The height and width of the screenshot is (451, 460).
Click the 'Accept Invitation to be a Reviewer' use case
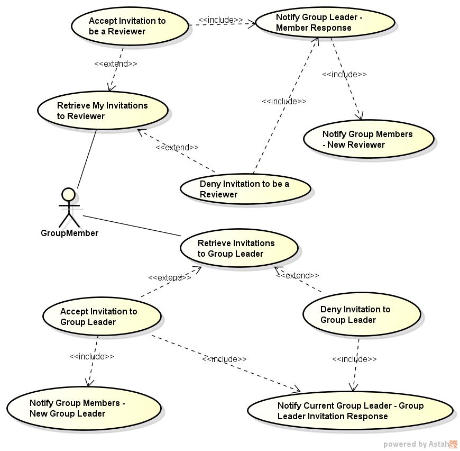pos(130,26)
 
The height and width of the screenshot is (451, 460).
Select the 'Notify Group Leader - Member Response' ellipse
pos(325,23)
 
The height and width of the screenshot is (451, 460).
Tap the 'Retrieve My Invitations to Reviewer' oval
pos(103,111)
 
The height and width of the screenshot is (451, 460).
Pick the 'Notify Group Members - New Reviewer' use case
pos(368,139)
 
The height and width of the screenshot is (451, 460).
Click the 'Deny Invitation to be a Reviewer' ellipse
pos(245,189)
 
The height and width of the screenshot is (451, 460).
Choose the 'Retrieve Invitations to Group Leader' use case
pos(239,248)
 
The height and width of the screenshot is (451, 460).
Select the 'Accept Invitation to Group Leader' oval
pos(102,317)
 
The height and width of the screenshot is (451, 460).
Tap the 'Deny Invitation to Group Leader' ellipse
pos(362,314)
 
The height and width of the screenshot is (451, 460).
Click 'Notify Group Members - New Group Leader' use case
pos(84,408)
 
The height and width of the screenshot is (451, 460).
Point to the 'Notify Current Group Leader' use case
pos(350,411)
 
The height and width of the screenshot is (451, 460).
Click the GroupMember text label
pos(69,233)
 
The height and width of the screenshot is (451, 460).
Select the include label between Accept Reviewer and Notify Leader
pos(220,20)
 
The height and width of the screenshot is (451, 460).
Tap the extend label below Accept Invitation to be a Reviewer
pos(115,64)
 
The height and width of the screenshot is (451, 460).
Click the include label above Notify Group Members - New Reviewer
pos(344,74)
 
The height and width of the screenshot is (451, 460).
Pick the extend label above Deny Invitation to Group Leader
pos(298,275)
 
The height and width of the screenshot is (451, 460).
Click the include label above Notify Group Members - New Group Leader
pos(91,356)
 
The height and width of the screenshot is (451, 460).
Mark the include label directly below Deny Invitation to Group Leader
pos(354,359)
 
